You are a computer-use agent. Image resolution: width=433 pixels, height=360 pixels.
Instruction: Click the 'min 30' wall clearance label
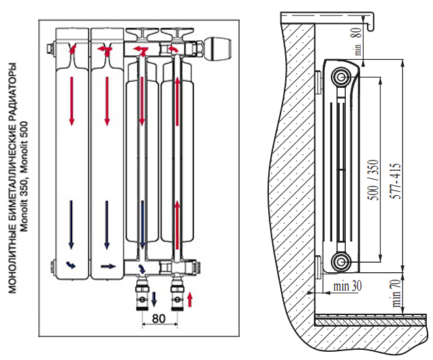(x=347, y=285)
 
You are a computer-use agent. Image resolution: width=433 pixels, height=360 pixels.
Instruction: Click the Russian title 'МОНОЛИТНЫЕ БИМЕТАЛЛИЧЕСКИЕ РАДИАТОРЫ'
(x=13, y=179)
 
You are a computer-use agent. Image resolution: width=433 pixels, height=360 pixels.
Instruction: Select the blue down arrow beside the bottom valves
(x=154, y=298)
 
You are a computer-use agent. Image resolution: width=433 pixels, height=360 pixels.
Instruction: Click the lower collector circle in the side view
(x=341, y=261)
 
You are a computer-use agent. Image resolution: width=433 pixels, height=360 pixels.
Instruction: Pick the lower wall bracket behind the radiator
(x=320, y=266)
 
